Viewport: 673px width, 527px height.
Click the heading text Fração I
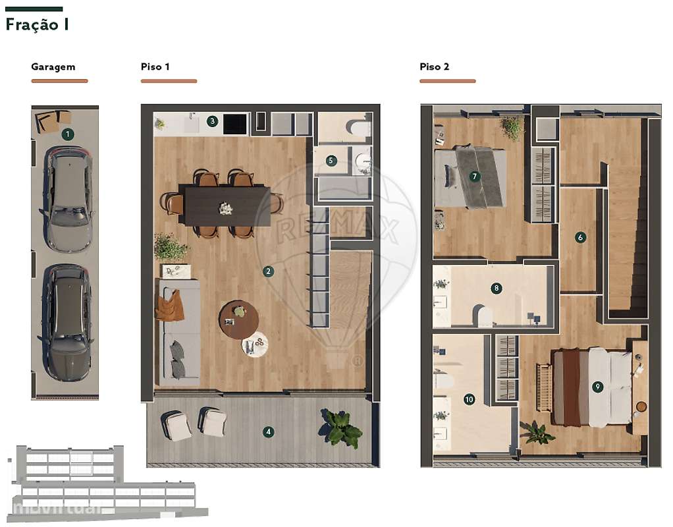(x=37, y=25)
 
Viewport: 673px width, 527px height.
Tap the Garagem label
(x=53, y=67)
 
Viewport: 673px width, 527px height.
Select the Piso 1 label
(x=155, y=67)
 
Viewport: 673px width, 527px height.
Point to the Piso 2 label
(x=435, y=67)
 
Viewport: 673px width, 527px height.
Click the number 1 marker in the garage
(x=67, y=134)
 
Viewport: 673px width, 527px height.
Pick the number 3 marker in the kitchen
(x=212, y=121)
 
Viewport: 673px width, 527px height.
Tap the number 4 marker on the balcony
(x=268, y=432)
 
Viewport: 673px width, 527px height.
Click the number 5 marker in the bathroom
(x=331, y=160)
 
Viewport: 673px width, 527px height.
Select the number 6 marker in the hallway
(x=580, y=237)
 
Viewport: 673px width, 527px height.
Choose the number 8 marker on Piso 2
(x=497, y=288)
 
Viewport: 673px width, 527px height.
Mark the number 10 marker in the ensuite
(x=469, y=399)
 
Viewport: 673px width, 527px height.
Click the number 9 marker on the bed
(x=598, y=387)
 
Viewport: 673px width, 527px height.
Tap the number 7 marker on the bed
(x=473, y=177)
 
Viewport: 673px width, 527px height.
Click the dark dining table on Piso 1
(x=227, y=206)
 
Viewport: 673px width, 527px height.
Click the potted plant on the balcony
(x=341, y=428)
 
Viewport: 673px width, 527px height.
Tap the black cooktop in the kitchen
(x=235, y=123)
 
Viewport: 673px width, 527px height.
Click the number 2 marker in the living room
(x=268, y=271)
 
